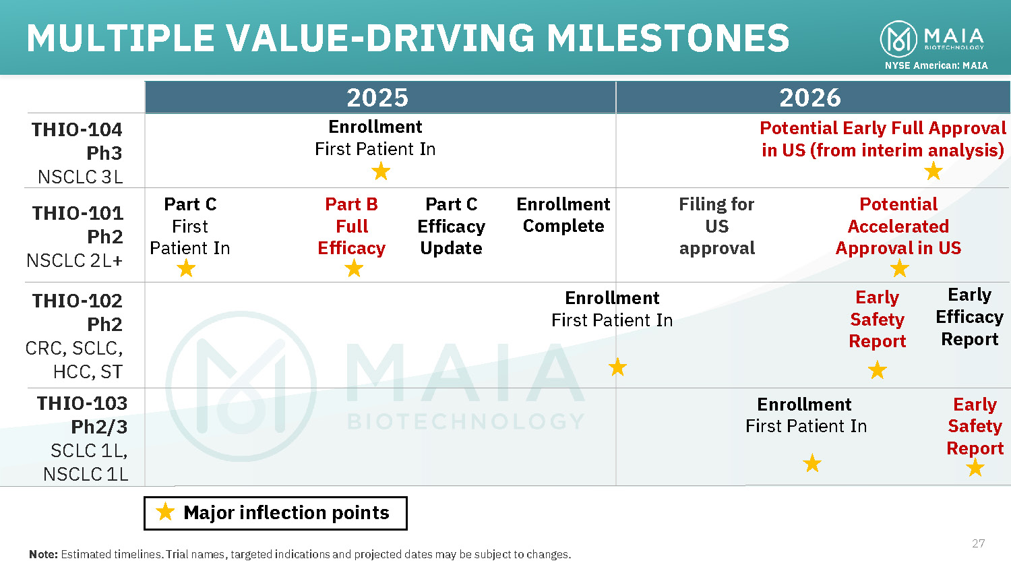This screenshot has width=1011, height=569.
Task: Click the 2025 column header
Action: click(377, 98)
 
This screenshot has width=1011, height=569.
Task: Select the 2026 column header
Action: click(810, 98)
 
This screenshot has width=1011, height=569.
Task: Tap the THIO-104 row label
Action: click(77, 129)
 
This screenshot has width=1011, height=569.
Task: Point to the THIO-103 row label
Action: click(82, 403)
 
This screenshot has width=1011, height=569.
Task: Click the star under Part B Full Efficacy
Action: click(354, 269)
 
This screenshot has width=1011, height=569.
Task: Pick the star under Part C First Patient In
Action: click(186, 269)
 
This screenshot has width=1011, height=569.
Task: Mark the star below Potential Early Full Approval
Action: click(933, 171)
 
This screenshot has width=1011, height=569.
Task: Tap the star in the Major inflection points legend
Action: click(165, 512)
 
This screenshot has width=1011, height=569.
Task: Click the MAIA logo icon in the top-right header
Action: click(898, 39)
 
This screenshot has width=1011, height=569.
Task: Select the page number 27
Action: click(978, 543)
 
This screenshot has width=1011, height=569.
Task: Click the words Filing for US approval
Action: click(716, 227)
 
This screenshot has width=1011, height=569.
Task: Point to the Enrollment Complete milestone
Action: click(563, 215)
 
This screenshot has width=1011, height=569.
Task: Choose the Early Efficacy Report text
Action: click(969, 317)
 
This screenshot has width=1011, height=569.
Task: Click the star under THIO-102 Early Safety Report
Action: click(877, 370)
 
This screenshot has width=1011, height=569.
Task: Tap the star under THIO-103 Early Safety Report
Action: click(975, 467)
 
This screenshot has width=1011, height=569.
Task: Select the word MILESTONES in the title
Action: click(667, 38)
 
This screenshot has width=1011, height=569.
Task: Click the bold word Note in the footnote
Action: click(43, 554)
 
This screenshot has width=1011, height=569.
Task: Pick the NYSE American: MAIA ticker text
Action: click(936, 65)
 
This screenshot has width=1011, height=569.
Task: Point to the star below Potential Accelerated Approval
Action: click(899, 269)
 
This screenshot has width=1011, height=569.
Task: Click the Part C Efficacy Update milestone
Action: click(452, 227)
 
